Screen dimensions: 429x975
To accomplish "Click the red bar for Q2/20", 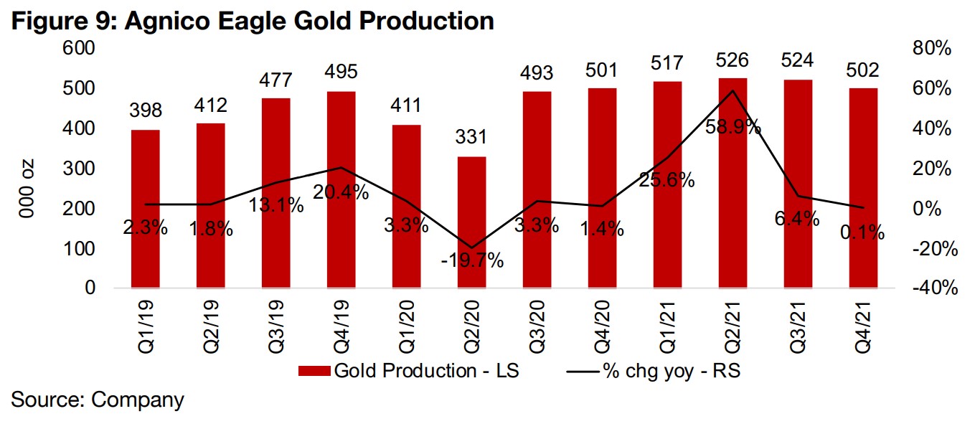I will [x=471, y=222].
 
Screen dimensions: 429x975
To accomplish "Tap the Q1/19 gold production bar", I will [x=145, y=208].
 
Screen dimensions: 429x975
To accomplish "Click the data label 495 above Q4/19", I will [x=341, y=72].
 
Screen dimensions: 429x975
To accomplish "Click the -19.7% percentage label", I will [x=471, y=260].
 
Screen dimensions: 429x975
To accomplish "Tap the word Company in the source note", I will [x=137, y=400].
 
